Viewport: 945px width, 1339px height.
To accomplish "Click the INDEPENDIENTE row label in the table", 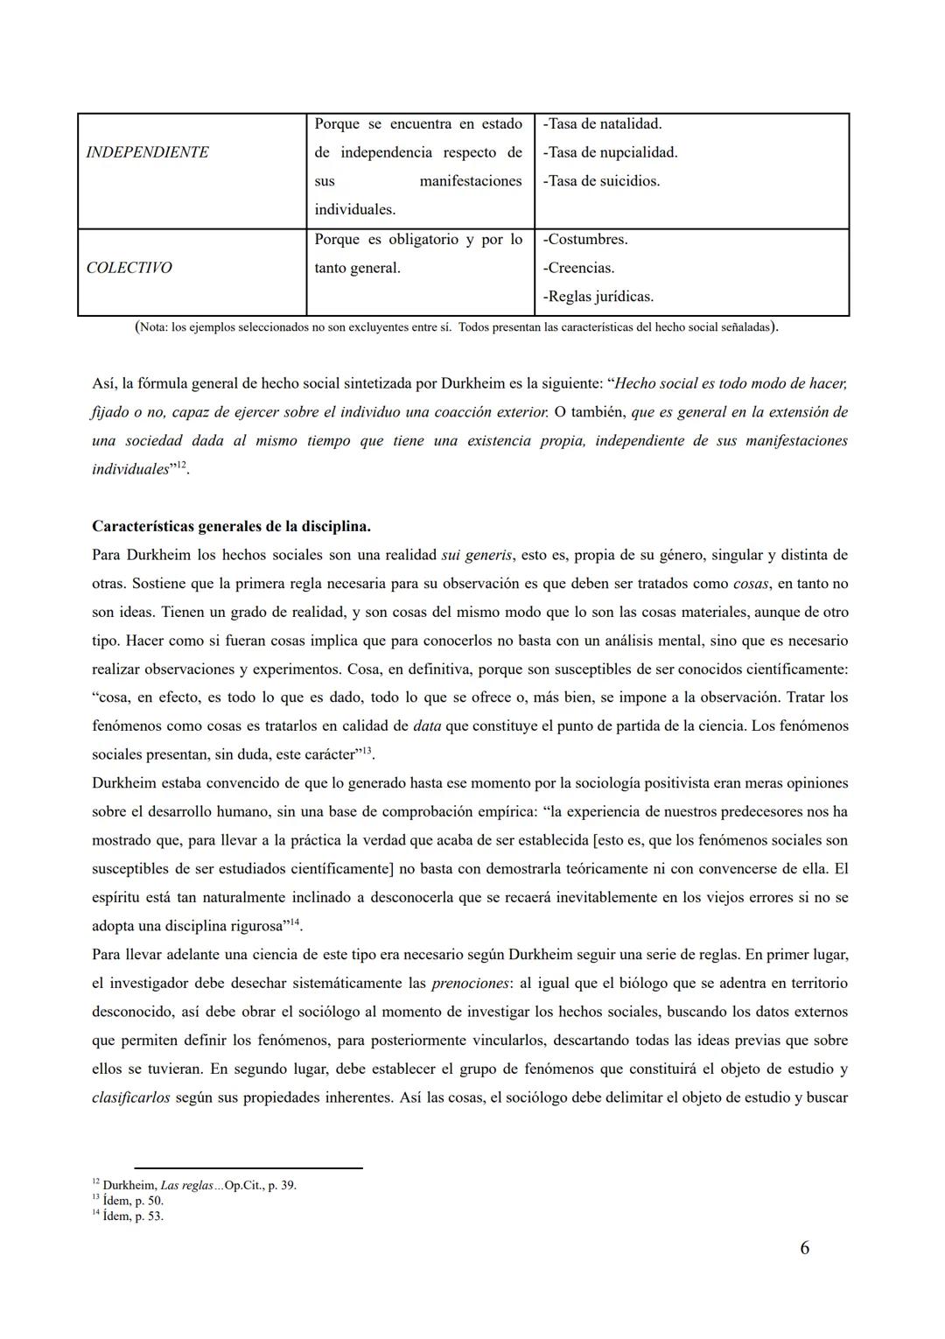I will click(147, 152).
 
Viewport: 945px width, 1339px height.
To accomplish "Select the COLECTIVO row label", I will click(129, 268).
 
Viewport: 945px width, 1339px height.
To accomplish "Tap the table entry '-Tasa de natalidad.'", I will click(602, 123).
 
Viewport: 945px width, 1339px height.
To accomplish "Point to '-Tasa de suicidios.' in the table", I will click(601, 181).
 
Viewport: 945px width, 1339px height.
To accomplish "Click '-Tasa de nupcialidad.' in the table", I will click(610, 152).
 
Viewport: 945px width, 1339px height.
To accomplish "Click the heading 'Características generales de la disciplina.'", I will click(231, 526).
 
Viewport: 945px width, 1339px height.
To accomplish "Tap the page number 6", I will click(804, 1248).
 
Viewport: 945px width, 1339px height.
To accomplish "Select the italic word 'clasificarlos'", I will click(130, 1097).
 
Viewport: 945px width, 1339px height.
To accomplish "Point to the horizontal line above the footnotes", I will click(248, 1167).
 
